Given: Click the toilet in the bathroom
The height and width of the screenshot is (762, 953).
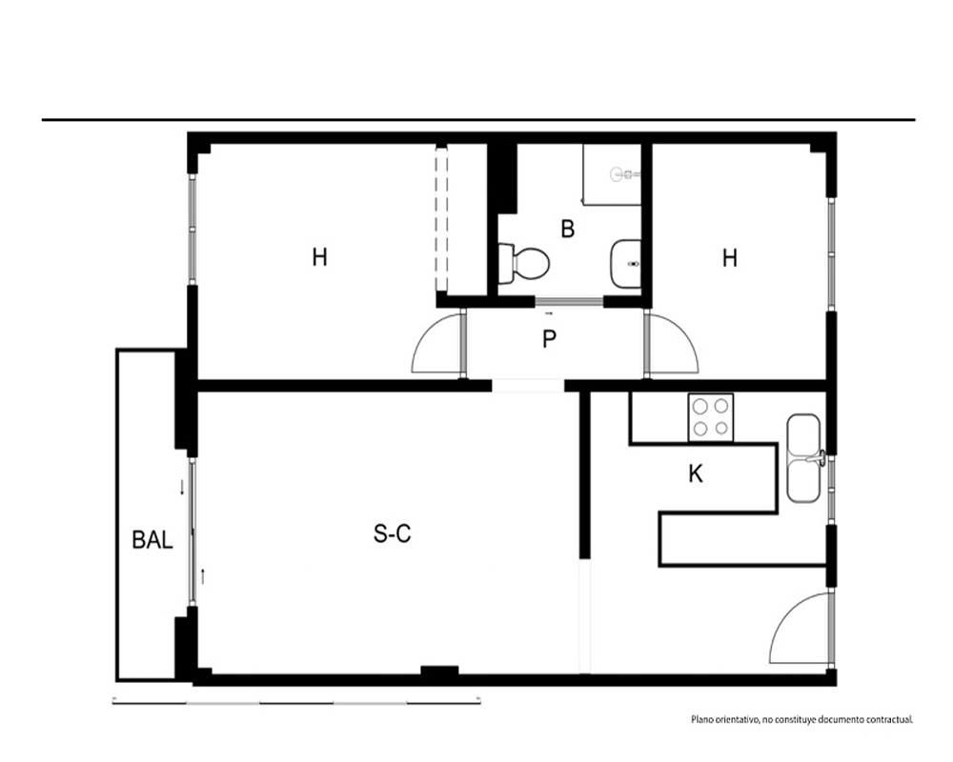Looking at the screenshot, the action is pos(524,264).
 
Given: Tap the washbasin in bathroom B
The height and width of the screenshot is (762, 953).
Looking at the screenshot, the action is pos(626,264).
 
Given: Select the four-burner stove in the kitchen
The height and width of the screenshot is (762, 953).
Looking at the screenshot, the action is pos(711,417).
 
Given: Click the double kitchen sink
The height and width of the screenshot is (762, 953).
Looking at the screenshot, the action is pos(804,458).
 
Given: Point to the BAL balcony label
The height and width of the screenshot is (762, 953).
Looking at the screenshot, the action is pos(152,540).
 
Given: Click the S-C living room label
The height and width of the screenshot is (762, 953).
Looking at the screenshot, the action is pos(392,533).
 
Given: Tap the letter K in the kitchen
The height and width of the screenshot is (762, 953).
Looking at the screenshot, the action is pos(696,473).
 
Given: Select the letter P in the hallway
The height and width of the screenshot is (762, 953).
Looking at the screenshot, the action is pos(549,339).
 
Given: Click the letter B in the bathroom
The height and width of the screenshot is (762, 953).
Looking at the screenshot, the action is pos(568,230).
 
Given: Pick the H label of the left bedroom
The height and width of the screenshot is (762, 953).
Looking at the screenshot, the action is pos(319,257).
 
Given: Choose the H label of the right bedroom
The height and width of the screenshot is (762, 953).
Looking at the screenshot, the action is pos(730,258).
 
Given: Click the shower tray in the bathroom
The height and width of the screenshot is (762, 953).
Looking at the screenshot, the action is pos(612,173).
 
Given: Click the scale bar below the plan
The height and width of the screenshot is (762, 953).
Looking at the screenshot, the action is pos(296,702).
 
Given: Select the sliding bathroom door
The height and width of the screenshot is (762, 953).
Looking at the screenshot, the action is pos(569,301).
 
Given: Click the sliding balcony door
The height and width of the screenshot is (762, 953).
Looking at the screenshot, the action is pos(193,531).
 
